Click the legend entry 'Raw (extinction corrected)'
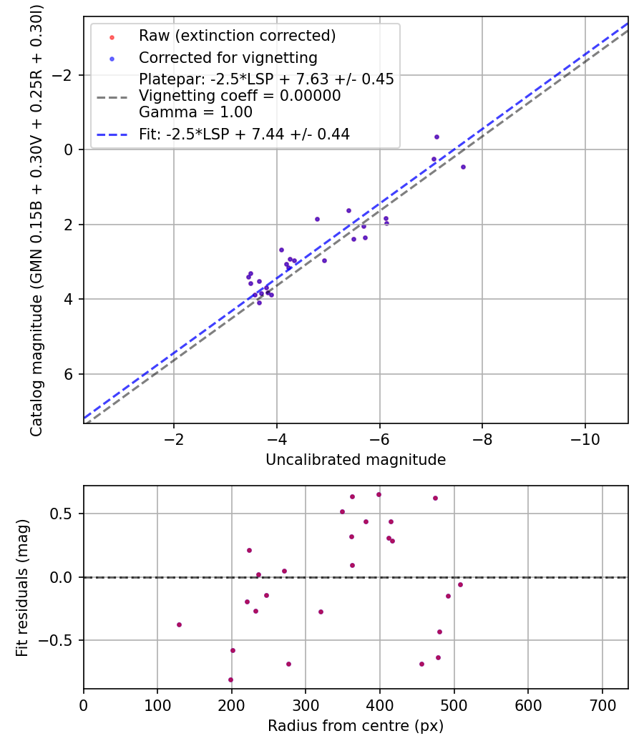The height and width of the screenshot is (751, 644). (x=237, y=36)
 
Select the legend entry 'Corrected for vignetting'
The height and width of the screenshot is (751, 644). (x=228, y=57)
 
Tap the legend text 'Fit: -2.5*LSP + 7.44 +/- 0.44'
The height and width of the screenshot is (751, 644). (x=244, y=134)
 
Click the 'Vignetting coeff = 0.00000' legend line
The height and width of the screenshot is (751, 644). (x=240, y=96)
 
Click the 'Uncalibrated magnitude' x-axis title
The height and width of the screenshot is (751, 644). (x=356, y=460)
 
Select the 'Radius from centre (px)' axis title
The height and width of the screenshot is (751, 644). (x=356, y=726)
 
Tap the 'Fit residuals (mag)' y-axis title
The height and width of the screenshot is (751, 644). (x=21, y=587)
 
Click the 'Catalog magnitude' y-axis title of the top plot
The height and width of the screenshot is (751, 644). (x=36, y=220)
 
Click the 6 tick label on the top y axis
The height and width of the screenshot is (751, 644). (x=70, y=374)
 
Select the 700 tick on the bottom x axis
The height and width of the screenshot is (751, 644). (x=602, y=705)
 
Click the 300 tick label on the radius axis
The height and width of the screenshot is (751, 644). (x=306, y=705)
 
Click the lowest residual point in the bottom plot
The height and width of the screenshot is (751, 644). (x=230, y=679)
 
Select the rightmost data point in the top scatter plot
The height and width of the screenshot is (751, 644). (x=463, y=167)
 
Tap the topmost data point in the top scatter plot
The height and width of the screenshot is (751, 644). (x=436, y=137)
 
